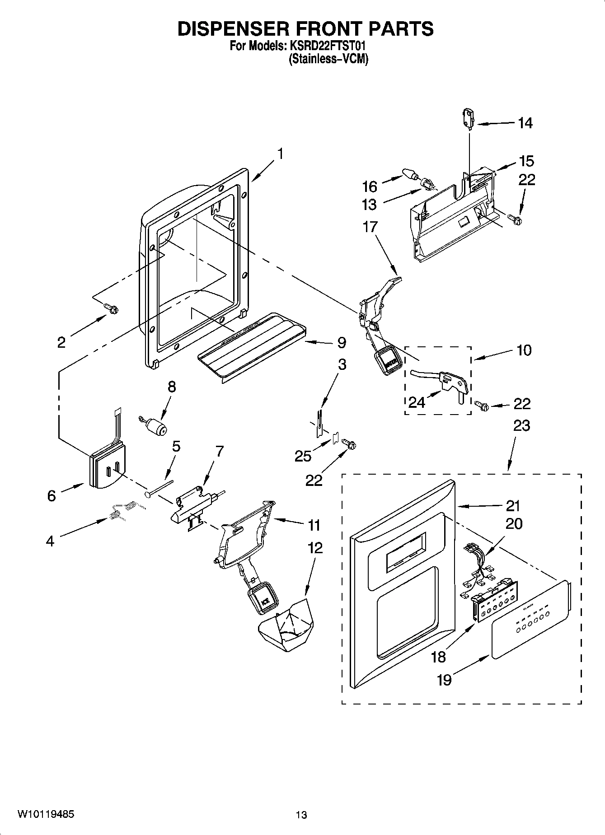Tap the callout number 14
pos(525,123)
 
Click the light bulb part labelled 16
pos(409,173)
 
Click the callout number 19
pos(444,680)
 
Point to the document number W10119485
pos(46,814)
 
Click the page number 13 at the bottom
pos(301,815)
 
